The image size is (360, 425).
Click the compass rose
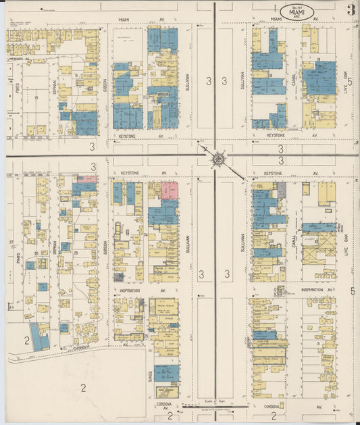[218, 159]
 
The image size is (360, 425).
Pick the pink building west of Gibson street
[86, 179]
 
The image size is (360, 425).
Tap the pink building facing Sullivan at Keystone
[170, 190]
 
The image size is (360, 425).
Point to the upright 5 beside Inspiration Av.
[353, 291]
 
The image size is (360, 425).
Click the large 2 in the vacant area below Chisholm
[83, 387]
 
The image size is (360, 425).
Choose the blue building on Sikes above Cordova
[166, 373]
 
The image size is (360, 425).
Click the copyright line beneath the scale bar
[216, 410]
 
